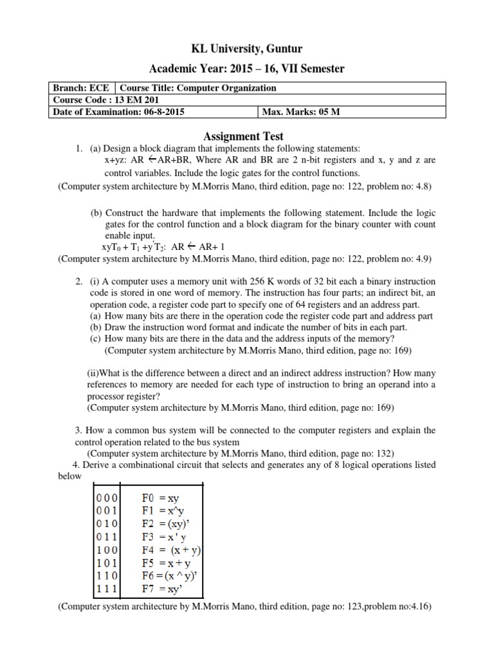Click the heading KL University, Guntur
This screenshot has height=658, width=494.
click(x=247, y=49)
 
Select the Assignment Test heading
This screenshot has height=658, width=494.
click(x=243, y=136)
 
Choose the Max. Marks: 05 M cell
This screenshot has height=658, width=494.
click(x=300, y=112)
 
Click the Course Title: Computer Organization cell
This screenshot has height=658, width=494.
click(x=201, y=88)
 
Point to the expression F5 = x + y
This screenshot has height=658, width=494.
click(x=166, y=562)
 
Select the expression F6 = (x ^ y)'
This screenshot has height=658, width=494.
click(x=168, y=575)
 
